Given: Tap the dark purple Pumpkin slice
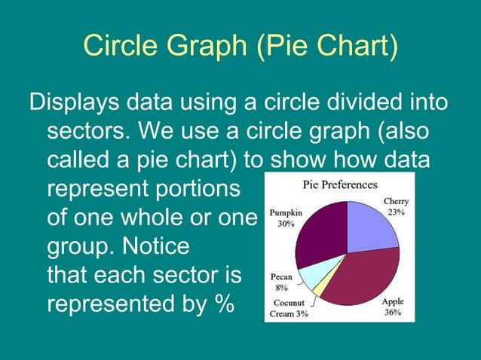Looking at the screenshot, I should pos(320,234).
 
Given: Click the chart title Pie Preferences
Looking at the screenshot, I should pos(340,185).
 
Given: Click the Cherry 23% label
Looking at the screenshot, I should pos(396,207).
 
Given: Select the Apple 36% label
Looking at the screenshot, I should pos(393,307).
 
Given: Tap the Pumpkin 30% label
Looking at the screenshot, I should pos(286,218).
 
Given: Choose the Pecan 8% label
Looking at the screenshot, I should pos(281,282).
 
